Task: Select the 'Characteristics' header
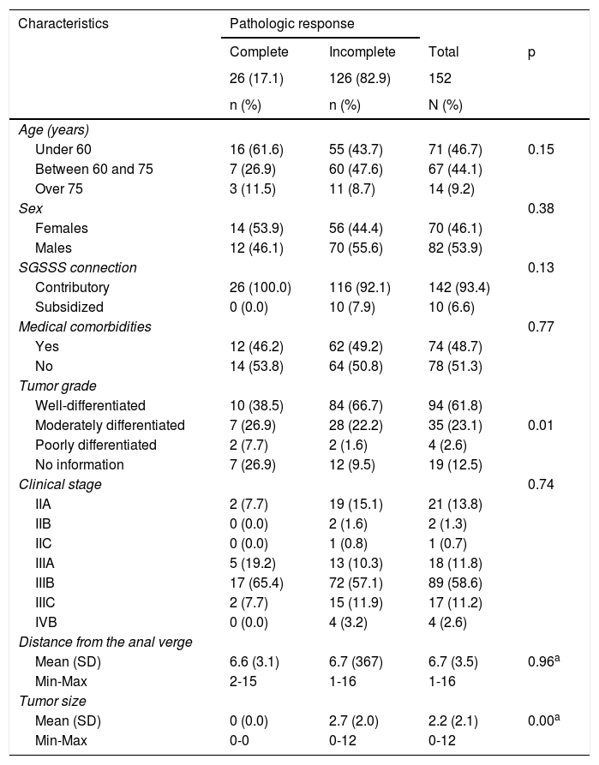click(x=63, y=24)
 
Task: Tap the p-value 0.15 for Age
click(x=542, y=149)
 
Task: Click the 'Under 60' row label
click(x=63, y=149)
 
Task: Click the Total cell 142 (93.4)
click(x=458, y=288)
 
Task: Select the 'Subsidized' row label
click(x=69, y=308)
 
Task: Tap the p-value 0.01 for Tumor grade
click(x=542, y=426)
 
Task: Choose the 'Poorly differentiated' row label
click(x=96, y=445)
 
